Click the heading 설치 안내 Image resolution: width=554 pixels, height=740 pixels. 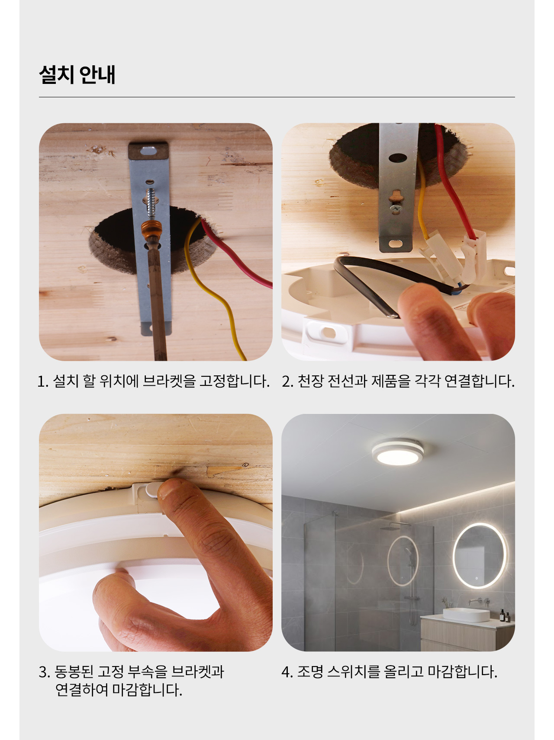pos(77,74)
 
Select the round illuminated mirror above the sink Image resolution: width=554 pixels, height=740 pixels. pos(479,556)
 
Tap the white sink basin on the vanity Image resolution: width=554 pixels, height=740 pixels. pos(466,615)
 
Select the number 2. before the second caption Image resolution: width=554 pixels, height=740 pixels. pos(288,381)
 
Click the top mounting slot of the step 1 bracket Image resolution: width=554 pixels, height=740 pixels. pos(148,151)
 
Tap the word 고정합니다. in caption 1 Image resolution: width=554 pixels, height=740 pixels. pos(234,381)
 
